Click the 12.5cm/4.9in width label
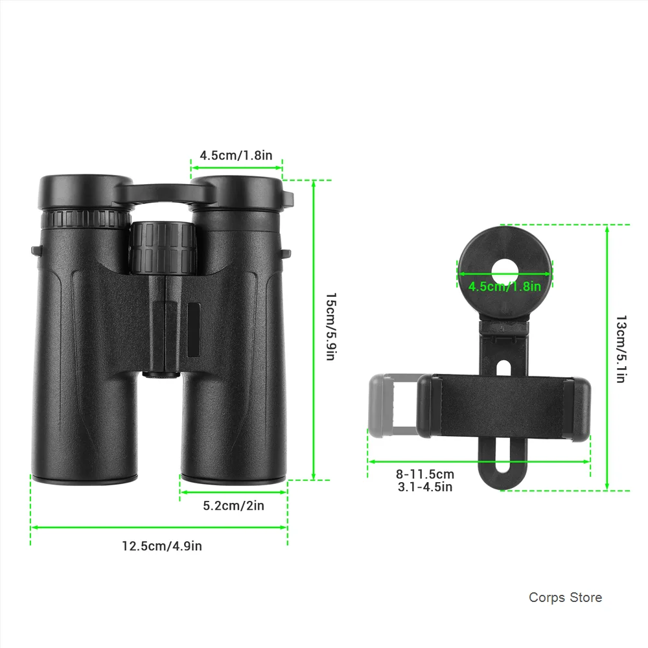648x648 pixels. pyautogui.click(x=162, y=546)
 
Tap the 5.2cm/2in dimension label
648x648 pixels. pyautogui.click(x=233, y=505)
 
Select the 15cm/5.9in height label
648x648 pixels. pyautogui.click(x=331, y=327)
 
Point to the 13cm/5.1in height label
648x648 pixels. pyautogui.click(x=621, y=349)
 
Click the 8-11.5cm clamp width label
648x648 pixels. pyautogui.click(x=425, y=474)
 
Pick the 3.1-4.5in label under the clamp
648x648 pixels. pyautogui.click(x=425, y=487)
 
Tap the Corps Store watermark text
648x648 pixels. pyautogui.click(x=565, y=597)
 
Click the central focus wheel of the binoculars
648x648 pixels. pyautogui.click(x=163, y=248)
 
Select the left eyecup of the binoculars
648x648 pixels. pyautogui.click(x=86, y=192)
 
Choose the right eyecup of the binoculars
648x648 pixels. pyautogui.click(x=237, y=193)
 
